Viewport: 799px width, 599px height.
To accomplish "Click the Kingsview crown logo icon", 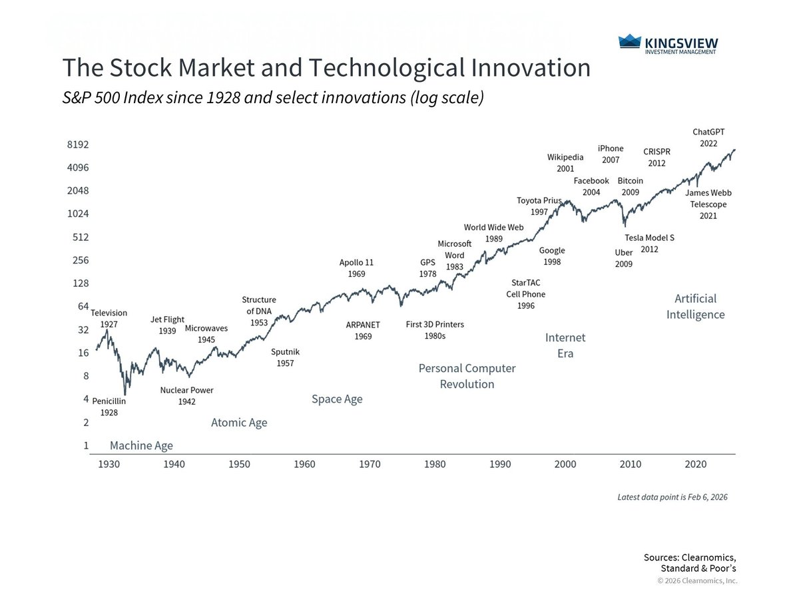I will coord(629,42).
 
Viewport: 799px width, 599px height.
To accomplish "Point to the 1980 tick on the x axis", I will coord(435,464).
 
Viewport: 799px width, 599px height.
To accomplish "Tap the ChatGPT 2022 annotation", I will coord(708,138).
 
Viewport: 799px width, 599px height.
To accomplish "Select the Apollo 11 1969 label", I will coord(356,268).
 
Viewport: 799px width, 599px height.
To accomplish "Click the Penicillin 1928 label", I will coord(109,407).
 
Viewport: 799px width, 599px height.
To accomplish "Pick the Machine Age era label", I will coord(141,446).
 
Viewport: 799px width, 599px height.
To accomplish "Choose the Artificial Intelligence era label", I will coord(695,306).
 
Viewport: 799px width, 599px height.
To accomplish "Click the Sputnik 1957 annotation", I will coord(286,357).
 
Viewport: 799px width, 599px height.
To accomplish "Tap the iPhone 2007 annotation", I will coord(610,154).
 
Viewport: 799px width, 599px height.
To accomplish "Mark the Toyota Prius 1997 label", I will coord(539,206).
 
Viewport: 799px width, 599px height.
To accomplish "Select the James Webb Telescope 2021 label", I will coord(708,204).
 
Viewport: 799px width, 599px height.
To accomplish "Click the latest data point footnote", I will coord(672,497).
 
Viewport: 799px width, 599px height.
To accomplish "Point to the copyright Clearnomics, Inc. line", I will coord(697,580).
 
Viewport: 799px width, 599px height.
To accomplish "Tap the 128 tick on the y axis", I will coord(80,284).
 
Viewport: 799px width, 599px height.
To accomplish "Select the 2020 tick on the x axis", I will coord(695,464).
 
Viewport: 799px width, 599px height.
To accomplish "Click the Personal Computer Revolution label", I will coord(467,376).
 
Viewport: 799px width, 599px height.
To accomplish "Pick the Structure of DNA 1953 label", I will coord(258,311).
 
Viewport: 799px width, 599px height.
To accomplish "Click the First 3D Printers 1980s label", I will coord(435,330).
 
